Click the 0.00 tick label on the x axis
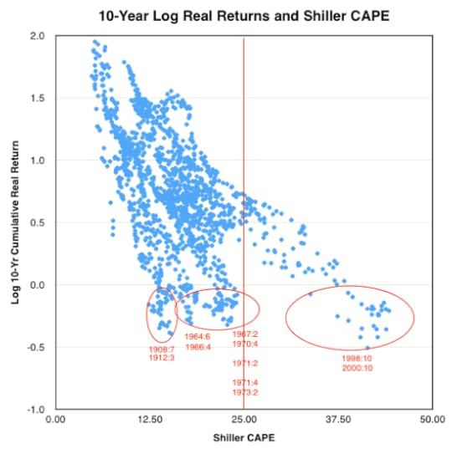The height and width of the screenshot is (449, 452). pyautogui.click(x=56, y=421)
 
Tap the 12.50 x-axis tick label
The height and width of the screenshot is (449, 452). pyautogui.click(x=150, y=421)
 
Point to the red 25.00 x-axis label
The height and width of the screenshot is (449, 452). pyautogui.click(x=244, y=421)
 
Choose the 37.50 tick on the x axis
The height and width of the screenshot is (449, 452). pyautogui.click(x=337, y=421)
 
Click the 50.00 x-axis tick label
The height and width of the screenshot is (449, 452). pyautogui.click(x=431, y=421)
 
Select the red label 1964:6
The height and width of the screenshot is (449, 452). pyautogui.click(x=198, y=337)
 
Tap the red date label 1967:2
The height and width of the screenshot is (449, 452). pyautogui.click(x=244, y=334)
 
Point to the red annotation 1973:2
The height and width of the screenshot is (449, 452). pyautogui.click(x=244, y=392)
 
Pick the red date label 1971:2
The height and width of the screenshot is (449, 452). pyautogui.click(x=244, y=363)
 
